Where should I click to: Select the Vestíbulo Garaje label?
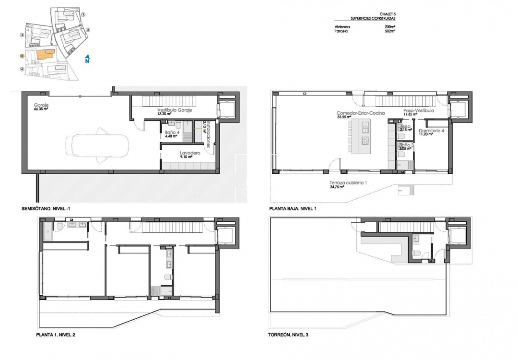coord(175,110)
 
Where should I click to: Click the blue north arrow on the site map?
coord(87,59)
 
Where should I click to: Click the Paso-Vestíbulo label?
coord(418,111)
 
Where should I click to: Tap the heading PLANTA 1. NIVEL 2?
coord(56,335)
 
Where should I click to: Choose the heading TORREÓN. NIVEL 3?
coord(289,335)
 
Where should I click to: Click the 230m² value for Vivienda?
coord(389,27)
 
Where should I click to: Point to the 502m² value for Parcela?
coord(389,31)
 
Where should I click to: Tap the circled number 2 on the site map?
coord(88,29)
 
